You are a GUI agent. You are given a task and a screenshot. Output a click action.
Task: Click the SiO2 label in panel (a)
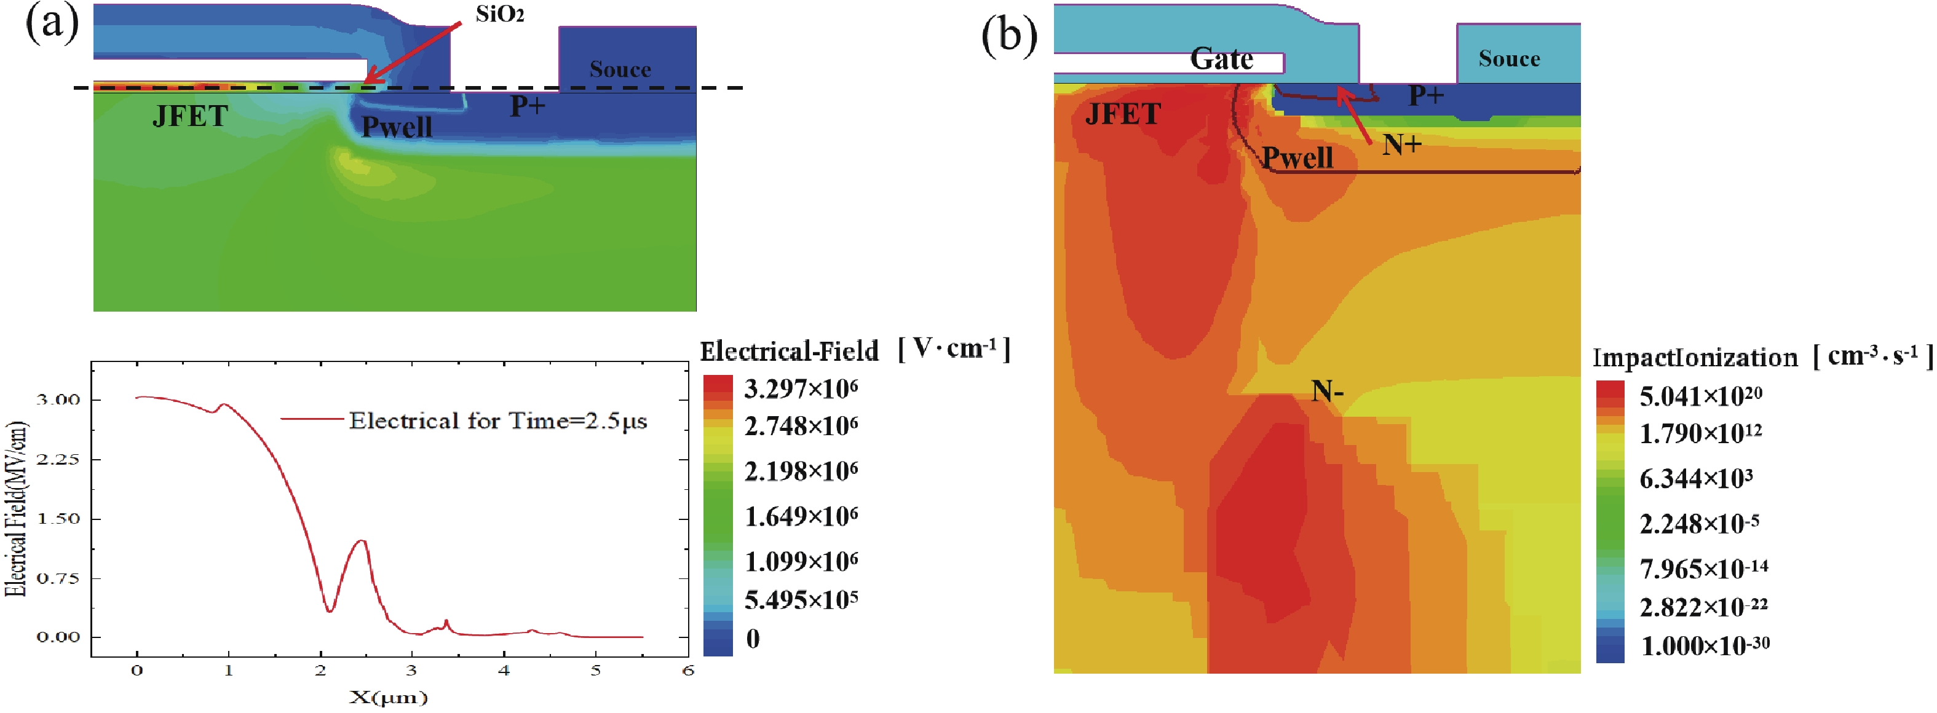(499, 14)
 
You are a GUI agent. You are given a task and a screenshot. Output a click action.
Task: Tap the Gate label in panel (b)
(1221, 58)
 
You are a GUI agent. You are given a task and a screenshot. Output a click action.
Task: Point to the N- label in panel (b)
(1326, 392)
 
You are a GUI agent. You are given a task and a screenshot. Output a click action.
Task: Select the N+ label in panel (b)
(1401, 144)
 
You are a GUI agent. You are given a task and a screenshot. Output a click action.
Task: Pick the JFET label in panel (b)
(1123, 114)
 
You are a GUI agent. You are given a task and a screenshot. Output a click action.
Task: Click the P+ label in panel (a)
(527, 106)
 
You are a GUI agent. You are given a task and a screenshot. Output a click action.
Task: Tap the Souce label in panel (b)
(1508, 58)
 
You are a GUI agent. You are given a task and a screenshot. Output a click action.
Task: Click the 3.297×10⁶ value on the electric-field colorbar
(800, 388)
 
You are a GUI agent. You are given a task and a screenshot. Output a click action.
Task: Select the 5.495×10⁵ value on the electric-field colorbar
(800, 599)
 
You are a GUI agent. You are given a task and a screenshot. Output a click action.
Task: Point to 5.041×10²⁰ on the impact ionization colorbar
(1700, 395)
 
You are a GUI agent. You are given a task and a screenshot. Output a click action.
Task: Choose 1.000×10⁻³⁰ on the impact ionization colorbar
(1704, 645)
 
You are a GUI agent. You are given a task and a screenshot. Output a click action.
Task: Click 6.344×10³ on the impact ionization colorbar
(1695, 478)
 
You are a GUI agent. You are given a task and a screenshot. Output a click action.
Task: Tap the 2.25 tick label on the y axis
(57, 460)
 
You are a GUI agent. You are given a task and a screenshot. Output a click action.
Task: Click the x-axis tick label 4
(504, 670)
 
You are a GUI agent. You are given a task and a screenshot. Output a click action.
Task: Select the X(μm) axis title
(388, 697)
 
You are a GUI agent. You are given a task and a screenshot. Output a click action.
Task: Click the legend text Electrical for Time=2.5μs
(498, 421)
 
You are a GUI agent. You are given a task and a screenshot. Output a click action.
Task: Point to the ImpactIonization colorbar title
(1694, 358)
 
